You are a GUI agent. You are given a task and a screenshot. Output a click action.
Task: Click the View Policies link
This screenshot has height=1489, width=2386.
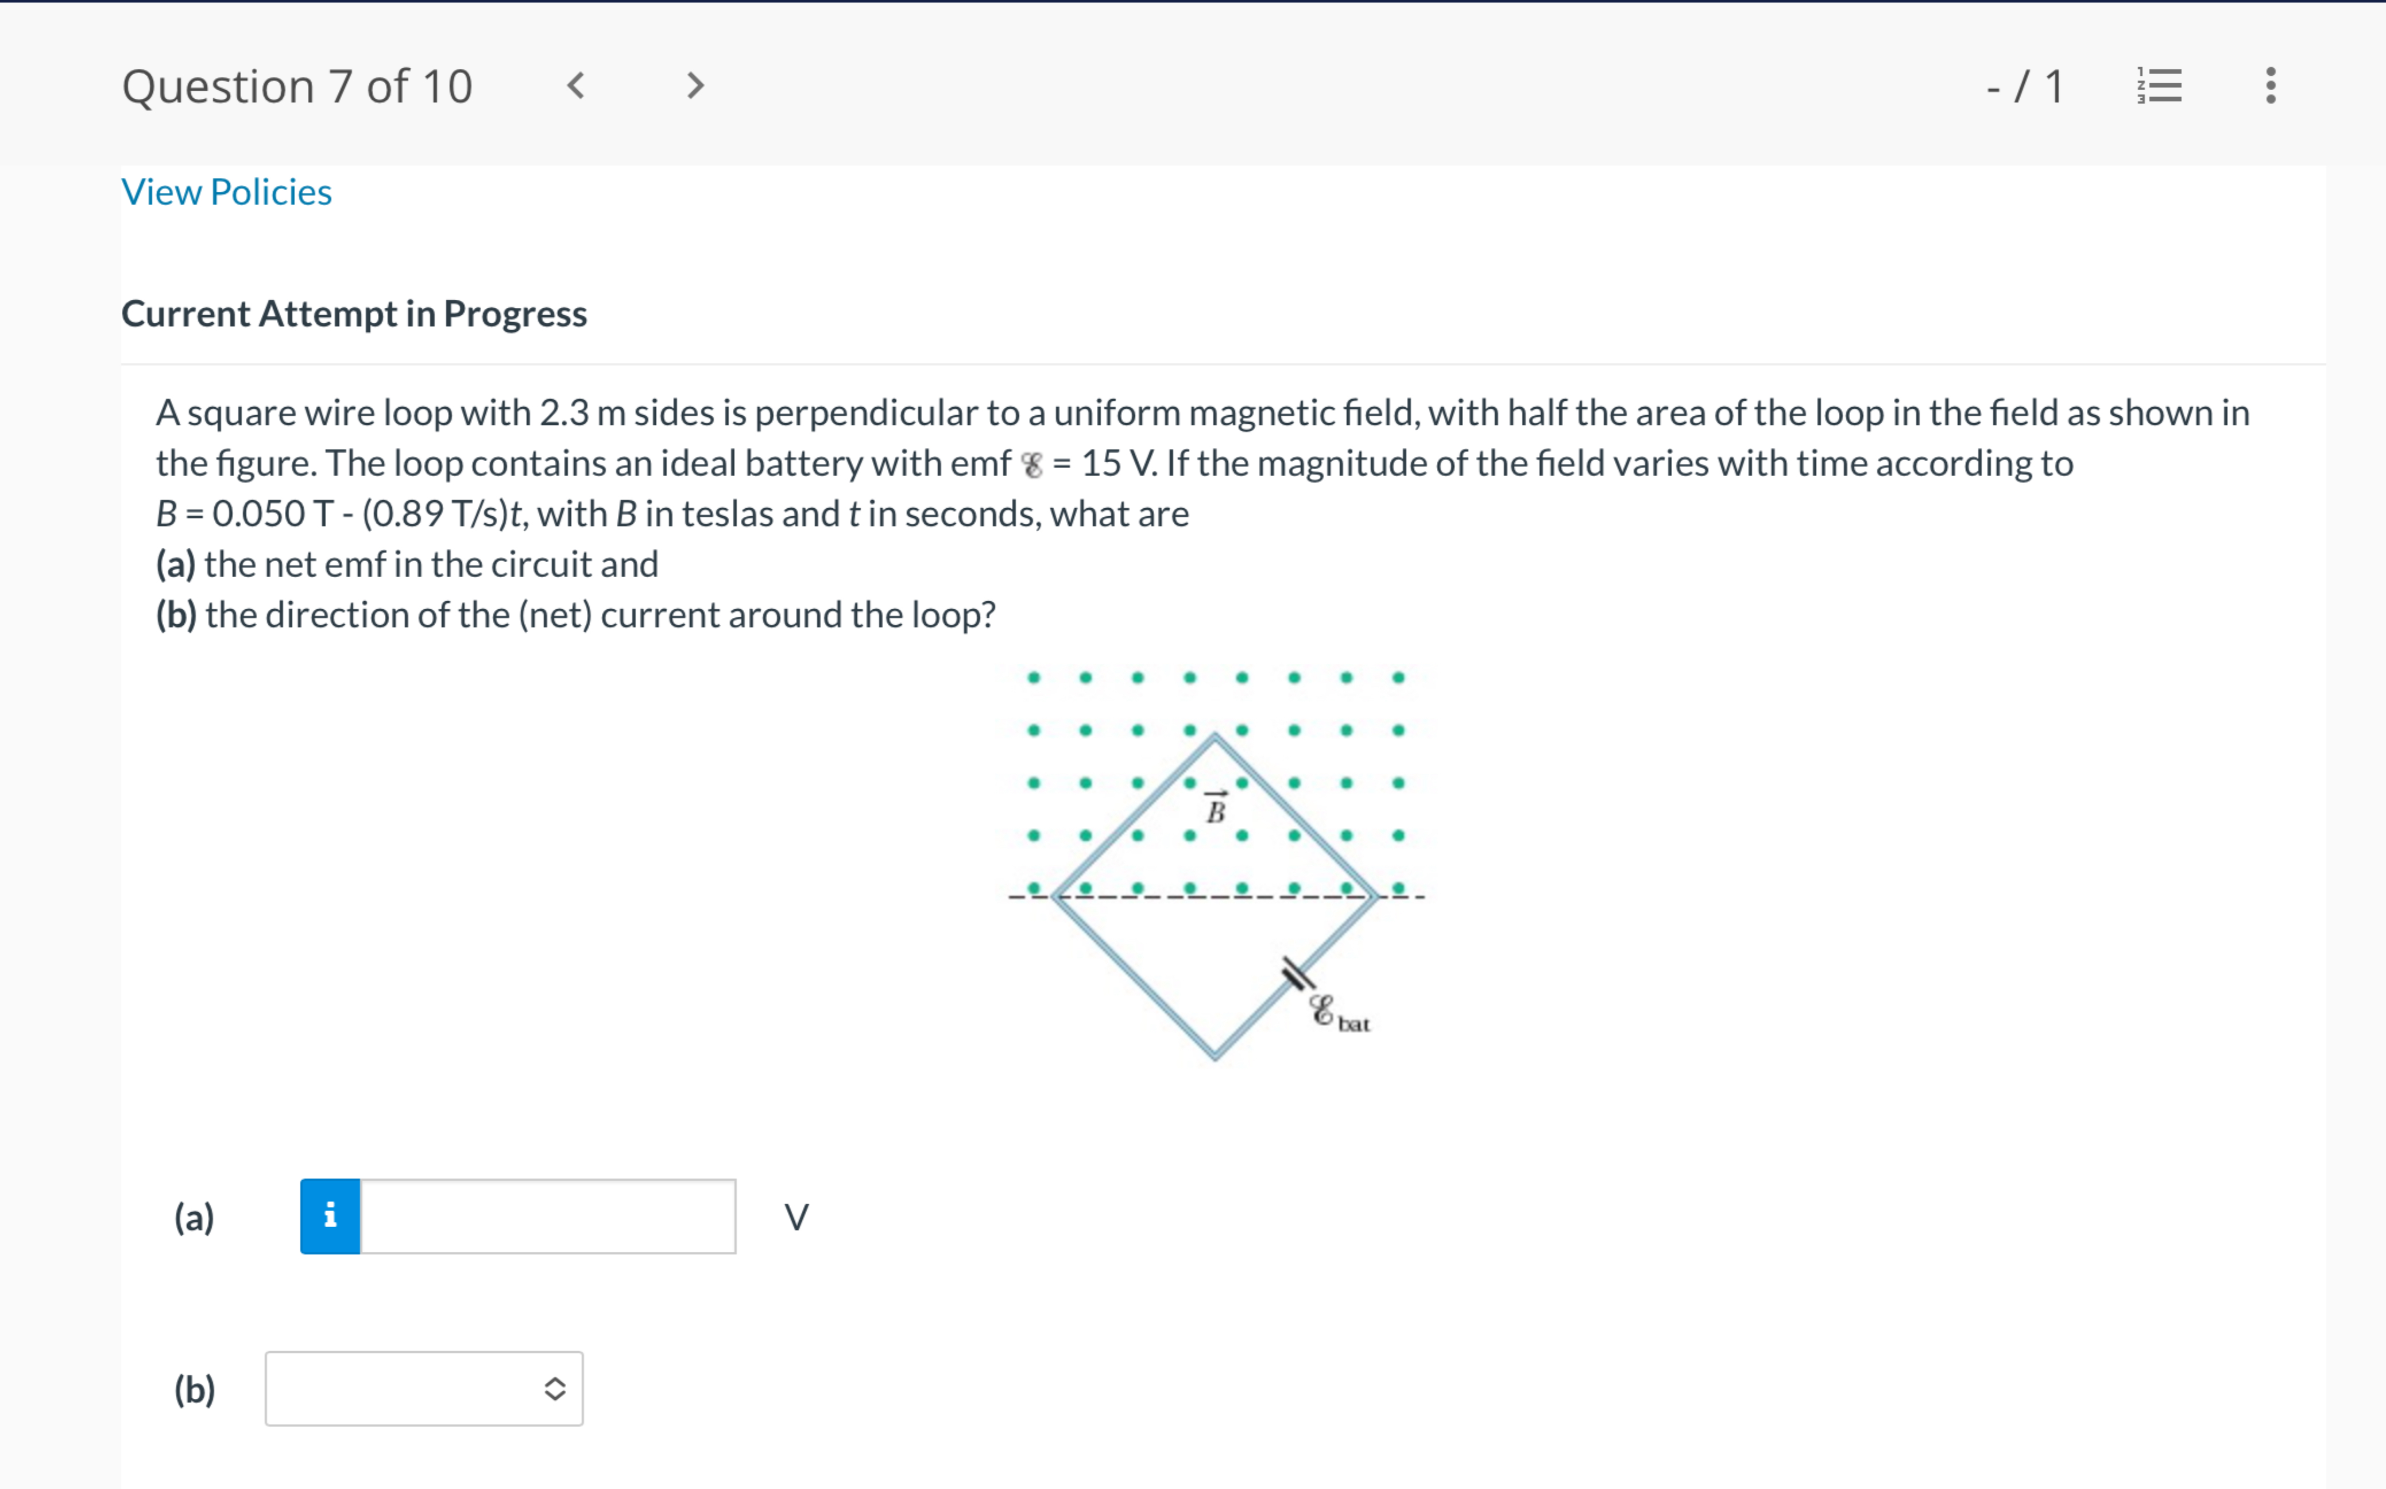(226, 192)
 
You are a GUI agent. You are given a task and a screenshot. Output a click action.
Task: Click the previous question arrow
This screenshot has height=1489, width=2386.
(576, 86)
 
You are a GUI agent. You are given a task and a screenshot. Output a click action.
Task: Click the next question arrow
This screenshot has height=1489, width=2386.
(695, 86)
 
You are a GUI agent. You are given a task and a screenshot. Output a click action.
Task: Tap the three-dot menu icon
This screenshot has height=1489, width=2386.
(2270, 86)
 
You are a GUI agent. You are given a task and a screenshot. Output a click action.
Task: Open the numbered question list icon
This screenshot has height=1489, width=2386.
(2160, 86)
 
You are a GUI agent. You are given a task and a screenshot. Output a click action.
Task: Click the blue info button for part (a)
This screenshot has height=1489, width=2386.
(330, 1216)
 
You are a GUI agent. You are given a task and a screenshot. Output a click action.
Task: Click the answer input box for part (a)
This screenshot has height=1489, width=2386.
(547, 1216)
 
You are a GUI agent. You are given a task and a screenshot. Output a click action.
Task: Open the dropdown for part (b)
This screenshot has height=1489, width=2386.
(423, 1389)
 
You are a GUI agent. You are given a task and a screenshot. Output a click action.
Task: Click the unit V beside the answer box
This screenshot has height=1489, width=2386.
(796, 1217)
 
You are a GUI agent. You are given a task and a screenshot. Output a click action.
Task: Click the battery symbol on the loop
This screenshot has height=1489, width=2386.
(1298, 975)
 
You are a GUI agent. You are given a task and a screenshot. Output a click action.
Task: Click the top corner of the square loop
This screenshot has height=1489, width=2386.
(1215, 737)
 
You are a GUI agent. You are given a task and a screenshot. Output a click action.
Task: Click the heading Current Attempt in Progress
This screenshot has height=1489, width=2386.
(354, 313)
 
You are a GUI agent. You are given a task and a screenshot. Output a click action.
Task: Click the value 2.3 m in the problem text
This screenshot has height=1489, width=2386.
(582, 413)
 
